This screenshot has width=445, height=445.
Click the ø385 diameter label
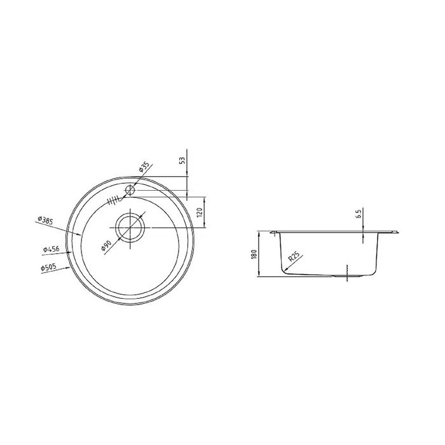[x=45, y=220]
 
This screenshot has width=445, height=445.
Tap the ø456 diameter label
[x=51, y=249]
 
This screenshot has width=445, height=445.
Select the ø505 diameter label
[x=48, y=268]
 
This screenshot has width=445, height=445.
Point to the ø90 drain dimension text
[x=106, y=245]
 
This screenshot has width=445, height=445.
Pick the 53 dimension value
[x=183, y=160]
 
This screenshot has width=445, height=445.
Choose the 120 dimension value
[x=200, y=212]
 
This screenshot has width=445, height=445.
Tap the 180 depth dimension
[x=254, y=254]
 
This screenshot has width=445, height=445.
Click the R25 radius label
[x=294, y=257]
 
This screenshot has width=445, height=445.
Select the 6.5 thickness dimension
[x=358, y=214]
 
